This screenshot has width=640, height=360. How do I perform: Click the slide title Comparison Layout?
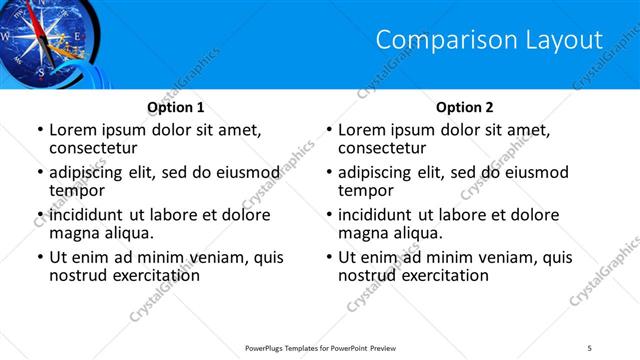tap(489, 40)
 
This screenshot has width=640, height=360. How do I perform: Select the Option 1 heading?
tap(176, 107)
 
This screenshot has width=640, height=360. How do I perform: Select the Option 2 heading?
tap(465, 107)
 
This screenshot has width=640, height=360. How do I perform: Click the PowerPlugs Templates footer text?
tap(319, 347)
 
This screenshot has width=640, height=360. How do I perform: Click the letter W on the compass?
tap(6, 37)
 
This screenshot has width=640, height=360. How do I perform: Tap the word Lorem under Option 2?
tap(362, 130)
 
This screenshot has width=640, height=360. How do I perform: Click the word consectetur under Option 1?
tap(96, 148)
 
